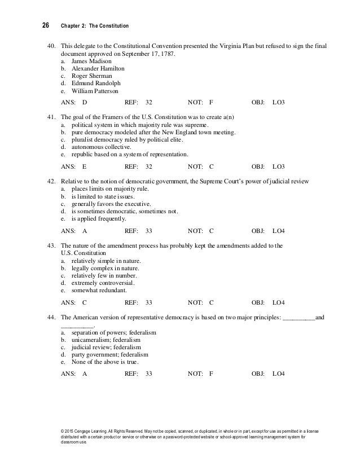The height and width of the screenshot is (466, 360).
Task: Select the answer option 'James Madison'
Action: pyautogui.click(x=91, y=60)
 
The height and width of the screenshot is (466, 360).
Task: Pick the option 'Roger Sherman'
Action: pyautogui.click(x=91, y=76)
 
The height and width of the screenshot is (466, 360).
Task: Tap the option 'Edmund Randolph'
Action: pyautogui.click(x=94, y=83)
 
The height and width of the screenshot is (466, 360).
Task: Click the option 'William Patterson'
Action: pyautogui.click(x=95, y=91)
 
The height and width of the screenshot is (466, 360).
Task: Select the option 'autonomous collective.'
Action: pyautogui.click(x=99, y=146)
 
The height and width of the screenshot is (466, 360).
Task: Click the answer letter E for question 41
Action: pyautogui.click(x=84, y=167)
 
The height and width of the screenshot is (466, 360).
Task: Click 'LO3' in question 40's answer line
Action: pyautogui.click(x=278, y=103)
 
